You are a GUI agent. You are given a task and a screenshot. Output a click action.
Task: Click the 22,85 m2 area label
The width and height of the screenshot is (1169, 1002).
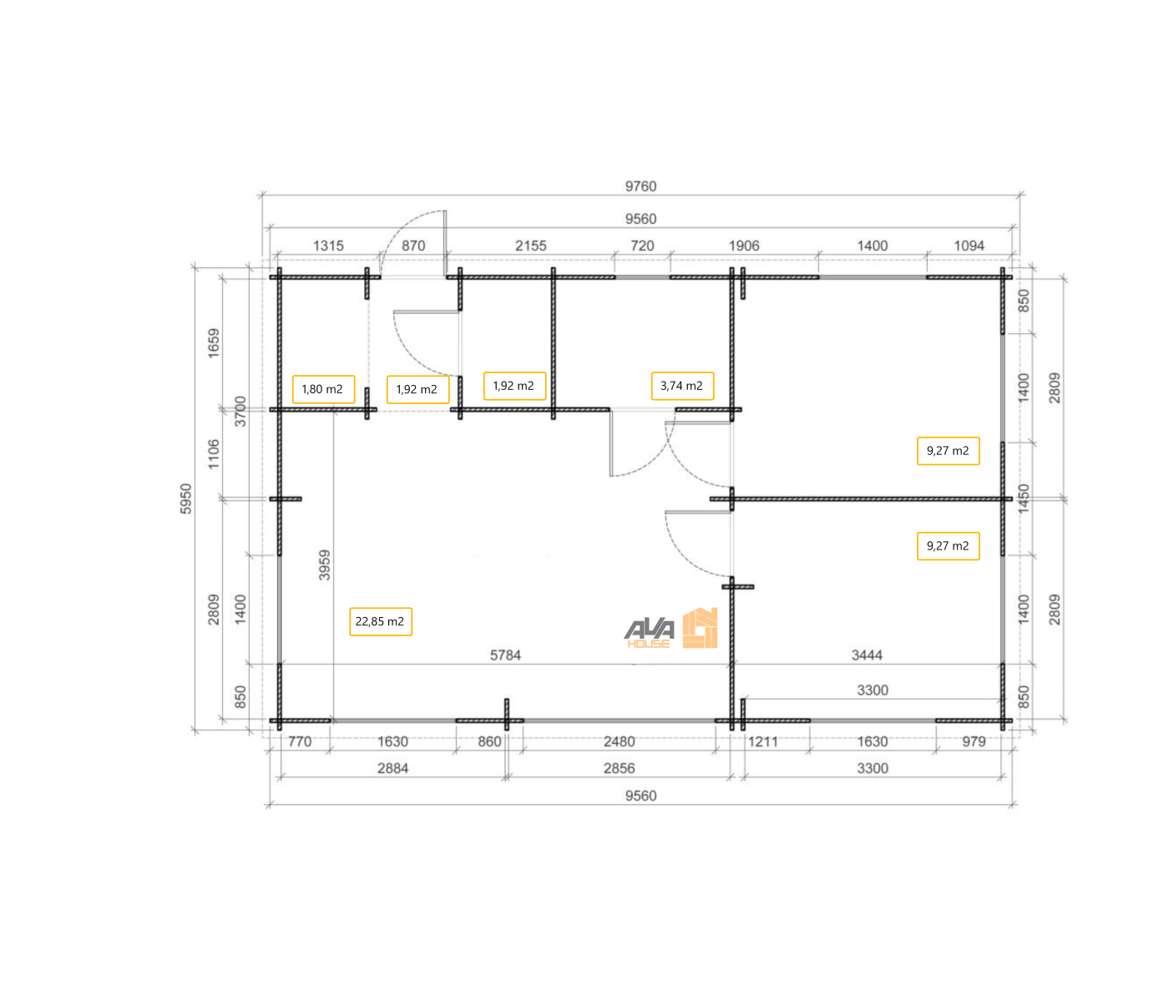pos(380,621)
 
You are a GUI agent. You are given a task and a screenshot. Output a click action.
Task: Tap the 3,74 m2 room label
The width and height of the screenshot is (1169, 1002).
pos(682,386)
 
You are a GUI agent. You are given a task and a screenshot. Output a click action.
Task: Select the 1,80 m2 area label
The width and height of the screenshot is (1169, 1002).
pos(323,389)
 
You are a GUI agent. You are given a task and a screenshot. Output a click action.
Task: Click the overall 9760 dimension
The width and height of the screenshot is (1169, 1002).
pos(640,186)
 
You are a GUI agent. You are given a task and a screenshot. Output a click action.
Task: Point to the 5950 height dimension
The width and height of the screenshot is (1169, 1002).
pos(185,498)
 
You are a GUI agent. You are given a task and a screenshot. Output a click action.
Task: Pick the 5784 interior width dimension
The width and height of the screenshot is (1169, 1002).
pos(505,655)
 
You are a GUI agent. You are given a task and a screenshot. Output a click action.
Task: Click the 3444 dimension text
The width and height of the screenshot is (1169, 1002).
pos(867,655)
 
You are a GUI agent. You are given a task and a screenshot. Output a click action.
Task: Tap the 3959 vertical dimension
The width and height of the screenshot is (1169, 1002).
pos(324,565)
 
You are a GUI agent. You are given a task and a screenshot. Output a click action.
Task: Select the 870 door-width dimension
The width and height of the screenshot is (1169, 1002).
pos(412,245)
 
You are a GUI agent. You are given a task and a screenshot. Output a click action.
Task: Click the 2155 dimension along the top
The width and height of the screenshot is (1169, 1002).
pos(530,245)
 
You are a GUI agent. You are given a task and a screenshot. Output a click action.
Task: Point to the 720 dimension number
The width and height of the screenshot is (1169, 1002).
pos(642,245)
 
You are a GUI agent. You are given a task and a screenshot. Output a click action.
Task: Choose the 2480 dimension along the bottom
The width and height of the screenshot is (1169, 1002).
pos(619,741)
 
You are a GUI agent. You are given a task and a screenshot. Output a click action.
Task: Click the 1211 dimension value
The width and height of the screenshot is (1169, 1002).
pos(762,741)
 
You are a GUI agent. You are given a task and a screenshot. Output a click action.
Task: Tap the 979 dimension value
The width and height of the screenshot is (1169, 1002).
pos(974,741)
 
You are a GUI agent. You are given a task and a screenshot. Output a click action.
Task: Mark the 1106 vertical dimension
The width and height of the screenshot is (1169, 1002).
pos(213,454)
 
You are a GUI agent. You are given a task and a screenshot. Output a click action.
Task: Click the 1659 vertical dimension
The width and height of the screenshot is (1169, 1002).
pos(213,342)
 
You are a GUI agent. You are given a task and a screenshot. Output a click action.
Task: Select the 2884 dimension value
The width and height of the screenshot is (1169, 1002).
pos(392,768)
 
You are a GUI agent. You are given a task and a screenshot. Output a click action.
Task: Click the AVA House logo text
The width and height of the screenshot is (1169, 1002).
pos(650,633)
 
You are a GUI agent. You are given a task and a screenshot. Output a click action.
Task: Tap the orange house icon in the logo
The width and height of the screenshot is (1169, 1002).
pos(701,628)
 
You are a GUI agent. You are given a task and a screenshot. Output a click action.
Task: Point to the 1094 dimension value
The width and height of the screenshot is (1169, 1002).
pos(969,245)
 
